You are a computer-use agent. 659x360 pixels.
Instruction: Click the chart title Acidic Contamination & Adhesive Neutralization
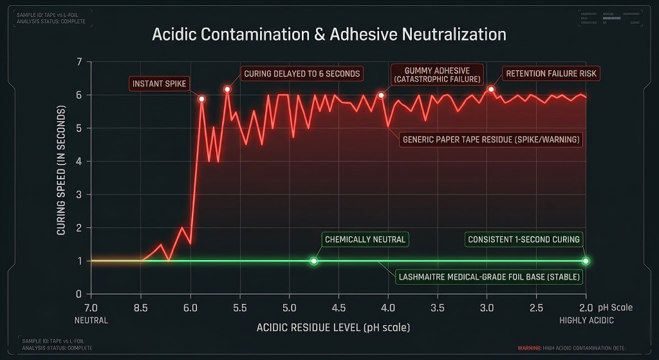pyautogui.click(x=329, y=34)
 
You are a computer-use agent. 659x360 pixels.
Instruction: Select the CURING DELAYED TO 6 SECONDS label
pyautogui.click(x=302, y=73)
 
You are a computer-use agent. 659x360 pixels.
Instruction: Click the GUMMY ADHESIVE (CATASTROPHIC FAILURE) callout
pyautogui.click(x=437, y=75)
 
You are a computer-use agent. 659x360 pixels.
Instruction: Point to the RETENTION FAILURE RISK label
pyautogui.click(x=551, y=73)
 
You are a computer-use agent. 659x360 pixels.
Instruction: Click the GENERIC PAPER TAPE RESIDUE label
pyautogui.click(x=490, y=139)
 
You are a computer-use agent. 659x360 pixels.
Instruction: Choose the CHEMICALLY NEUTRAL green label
pyautogui.click(x=365, y=240)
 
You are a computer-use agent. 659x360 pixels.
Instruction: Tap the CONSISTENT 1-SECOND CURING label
pyautogui.click(x=524, y=240)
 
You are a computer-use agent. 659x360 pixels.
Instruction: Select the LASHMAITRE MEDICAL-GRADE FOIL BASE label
pyautogui.click(x=489, y=278)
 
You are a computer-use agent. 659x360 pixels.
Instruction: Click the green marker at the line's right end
pyautogui.click(x=586, y=261)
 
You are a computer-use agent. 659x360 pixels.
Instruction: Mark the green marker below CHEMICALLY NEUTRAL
pyautogui.click(x=313, y=261)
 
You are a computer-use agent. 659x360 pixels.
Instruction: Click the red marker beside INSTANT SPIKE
pyautogui.click(x=201, y=99)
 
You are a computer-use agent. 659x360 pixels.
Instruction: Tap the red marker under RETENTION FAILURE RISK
pyautogui.click(x=491, y=90)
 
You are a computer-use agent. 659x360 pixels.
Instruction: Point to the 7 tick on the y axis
pyautogui.click(x=79, y=62)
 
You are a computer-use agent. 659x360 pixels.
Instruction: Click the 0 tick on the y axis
pyautogui.click(x=79, y=294)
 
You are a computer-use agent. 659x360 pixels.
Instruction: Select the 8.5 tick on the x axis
pyautogui.click(x=140, y=308)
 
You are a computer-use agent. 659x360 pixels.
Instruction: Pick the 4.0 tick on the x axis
pyautogui.click(x=388, y=308)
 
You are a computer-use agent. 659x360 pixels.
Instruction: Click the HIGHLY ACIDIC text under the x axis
pyautogui.click(x=586, y=320)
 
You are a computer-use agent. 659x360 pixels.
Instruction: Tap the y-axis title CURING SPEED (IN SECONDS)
pyautogui.click(x=62, y=178)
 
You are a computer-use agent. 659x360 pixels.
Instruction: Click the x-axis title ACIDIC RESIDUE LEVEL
pyautogui.click(x=333, y=327)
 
